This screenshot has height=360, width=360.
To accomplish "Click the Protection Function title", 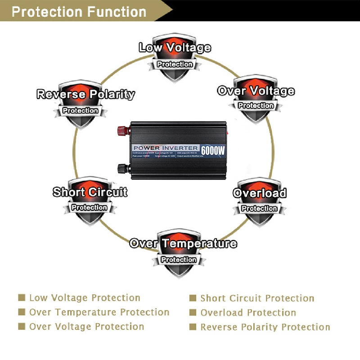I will click(79, 11).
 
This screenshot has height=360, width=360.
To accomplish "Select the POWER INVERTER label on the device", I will click(166, 148).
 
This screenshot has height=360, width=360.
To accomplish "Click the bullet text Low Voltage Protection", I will click(85, 298).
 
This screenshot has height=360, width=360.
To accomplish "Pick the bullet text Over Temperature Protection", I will click(99, 312).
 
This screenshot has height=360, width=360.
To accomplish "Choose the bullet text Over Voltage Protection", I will click(86, 327).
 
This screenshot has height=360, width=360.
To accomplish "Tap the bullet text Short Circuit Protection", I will click(257, 298).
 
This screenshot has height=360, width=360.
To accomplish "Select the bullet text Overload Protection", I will click(248, 313).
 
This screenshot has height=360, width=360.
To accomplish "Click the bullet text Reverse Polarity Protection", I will click(265, 327).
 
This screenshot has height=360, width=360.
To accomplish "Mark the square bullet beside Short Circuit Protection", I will click(193, 298).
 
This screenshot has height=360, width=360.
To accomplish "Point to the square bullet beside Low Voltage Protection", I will click(22, 298).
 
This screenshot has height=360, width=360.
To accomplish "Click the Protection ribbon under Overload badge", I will click(259, 209).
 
